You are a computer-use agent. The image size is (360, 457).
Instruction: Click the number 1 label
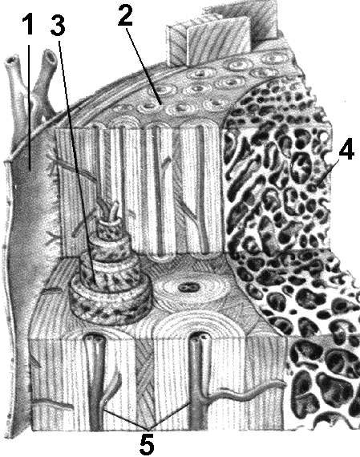click(29, 25)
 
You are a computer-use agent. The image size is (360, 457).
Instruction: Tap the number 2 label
click(126, 14)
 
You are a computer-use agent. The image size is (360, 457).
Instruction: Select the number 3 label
click(58, 25)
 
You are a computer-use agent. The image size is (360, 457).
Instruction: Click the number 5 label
click(147, 444)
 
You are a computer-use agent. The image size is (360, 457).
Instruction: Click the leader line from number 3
click(77, 163)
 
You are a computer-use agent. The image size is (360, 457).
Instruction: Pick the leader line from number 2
click(144, 65)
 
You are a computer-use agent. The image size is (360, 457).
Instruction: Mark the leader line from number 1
click(29, 102)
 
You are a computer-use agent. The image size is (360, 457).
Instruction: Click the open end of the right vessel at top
click(51, 55)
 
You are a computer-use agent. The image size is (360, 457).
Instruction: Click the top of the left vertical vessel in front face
click(95, 339)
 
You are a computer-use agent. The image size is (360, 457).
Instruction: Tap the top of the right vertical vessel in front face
click(199, 338)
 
